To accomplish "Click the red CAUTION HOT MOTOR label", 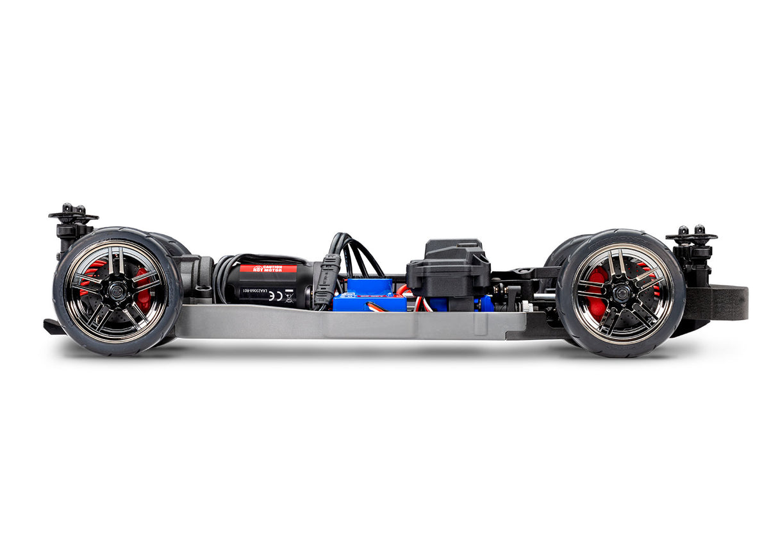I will click(x=268, y=269).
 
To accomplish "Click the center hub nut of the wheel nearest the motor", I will click(x=116, y=291).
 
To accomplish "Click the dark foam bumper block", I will click(x=724, y=303).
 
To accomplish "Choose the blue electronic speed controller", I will click(x=370, y=296).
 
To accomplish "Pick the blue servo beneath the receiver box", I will click(x=449, y=303).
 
